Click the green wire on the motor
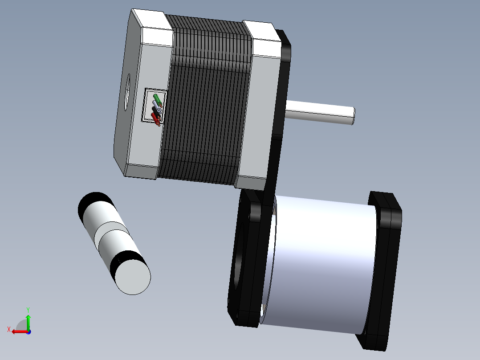click(157, 99)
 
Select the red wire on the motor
click(155, 119)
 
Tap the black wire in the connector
click(156, 112)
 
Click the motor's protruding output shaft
click(320, 112)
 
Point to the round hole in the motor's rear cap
click(127, 92)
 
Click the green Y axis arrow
click(28, 321)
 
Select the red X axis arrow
click(20, 331)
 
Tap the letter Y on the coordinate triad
click(28, 310)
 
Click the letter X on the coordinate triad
click(9, 329)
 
